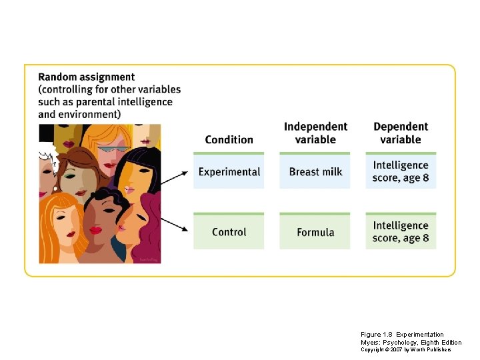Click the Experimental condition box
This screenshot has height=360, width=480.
(x=229, y=171)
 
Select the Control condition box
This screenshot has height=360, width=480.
(x=229, y=232)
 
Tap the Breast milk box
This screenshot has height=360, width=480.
(x=315, y=171)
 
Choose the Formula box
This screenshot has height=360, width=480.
(x=315, y=232)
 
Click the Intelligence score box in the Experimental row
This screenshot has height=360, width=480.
(x=401, y=171)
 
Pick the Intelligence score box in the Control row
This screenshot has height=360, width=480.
(x=401, y=232)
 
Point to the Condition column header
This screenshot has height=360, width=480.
(x=229, y=139)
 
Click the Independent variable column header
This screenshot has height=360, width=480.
(x=315, y=133)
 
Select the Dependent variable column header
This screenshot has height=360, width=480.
(x=401, y=133)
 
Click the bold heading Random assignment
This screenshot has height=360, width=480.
(x=87, y=77)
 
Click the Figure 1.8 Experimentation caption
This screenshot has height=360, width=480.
(x=402, y=334)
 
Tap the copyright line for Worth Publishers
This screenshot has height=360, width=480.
(x=405, y=349)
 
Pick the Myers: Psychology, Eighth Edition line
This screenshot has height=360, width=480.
(x=411, y=342)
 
